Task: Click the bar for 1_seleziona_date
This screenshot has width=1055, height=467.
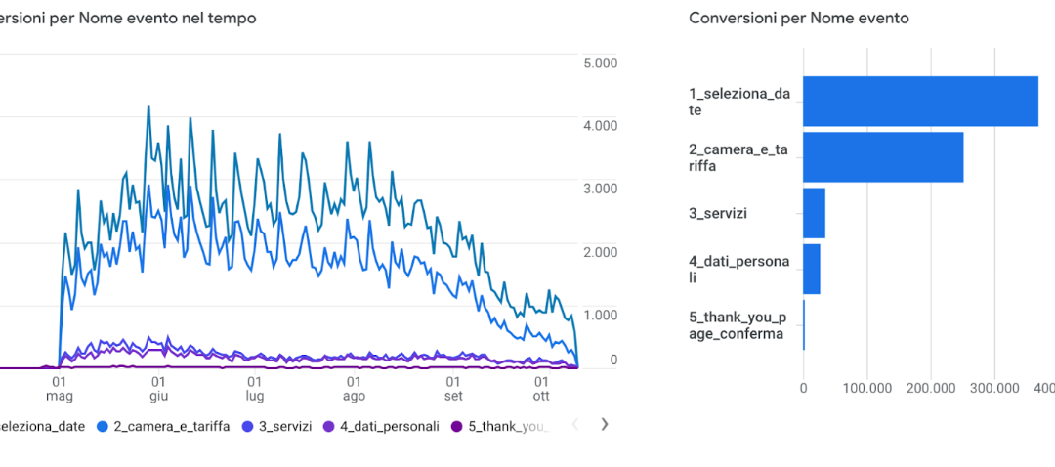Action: (x=920, y=101)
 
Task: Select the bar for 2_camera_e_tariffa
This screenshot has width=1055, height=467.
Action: (x=883, y=157)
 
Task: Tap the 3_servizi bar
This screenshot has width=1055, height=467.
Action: (x=814, y=213)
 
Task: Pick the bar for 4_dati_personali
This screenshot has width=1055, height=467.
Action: (x=811, y=269)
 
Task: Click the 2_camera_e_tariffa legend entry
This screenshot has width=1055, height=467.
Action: (x=164, y=426)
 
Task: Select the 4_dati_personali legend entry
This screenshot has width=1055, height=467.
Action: (x=381, y=426)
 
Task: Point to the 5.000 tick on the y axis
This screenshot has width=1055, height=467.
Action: (x=599, y=64)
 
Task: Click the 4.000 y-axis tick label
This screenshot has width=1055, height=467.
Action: (x=599, y=126)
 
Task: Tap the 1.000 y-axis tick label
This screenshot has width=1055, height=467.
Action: (x=599, y=316)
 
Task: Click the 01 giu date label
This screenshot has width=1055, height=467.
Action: (x=157, y=389)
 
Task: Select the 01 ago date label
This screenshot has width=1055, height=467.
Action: (x=354, y=389)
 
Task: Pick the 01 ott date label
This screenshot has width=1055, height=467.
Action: (x=541, y=389)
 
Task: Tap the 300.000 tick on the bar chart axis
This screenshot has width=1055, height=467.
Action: (x=993, y=388)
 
